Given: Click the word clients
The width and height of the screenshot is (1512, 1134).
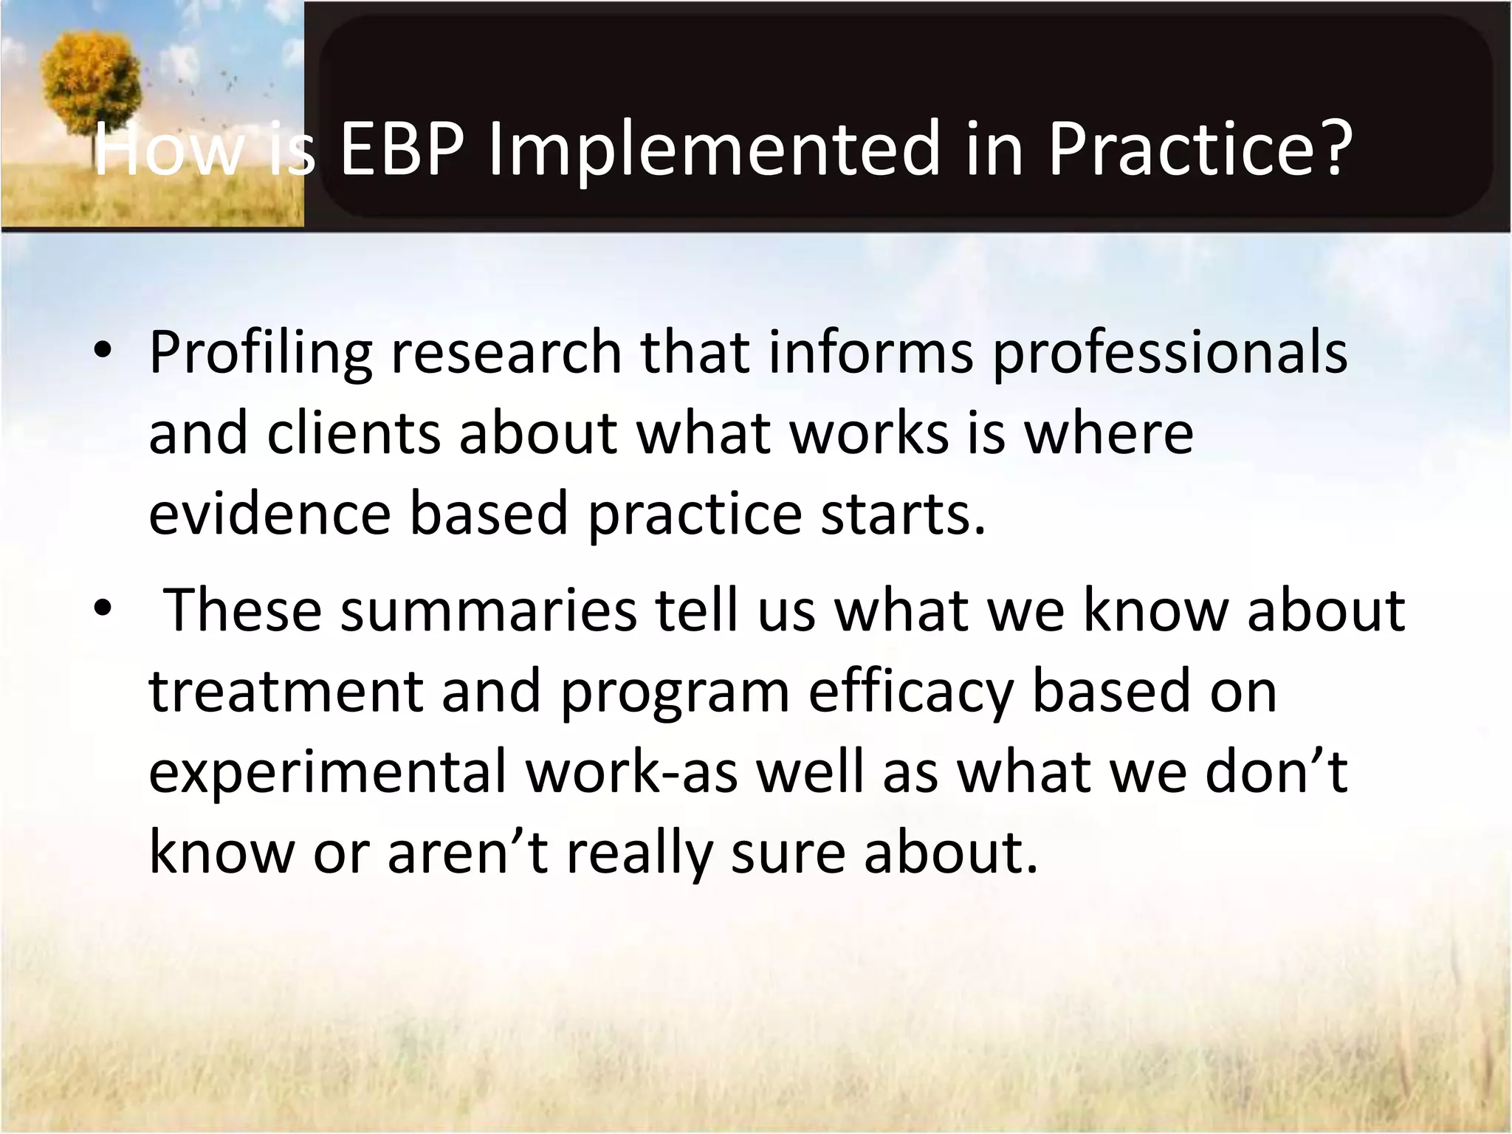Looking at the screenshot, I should click(353, 433).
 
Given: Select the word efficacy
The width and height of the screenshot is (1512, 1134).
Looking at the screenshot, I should click(910, 692).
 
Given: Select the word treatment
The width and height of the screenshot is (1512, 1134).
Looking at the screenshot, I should click(286, 692).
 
